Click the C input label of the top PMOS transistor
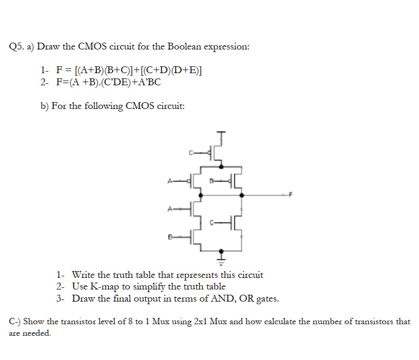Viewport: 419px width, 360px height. [191, 153]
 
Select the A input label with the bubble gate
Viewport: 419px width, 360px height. [169, 181]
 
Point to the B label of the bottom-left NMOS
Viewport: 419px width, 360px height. [169, 237]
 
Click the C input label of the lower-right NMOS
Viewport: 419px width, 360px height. [212, 222]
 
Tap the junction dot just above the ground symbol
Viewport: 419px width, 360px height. [221, 251]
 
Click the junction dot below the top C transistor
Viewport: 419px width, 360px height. [221, 167]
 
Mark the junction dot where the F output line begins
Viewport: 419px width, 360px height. [242, 195]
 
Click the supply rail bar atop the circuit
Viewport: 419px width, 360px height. [221, 132]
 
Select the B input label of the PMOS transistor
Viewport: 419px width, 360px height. [211, 181]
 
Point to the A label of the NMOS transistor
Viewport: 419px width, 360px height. [169, 209]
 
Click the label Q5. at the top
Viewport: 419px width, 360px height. [17, 47]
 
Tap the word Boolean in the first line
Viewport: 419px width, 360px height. [184, 46]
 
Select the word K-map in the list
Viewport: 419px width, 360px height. [105, 287]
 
